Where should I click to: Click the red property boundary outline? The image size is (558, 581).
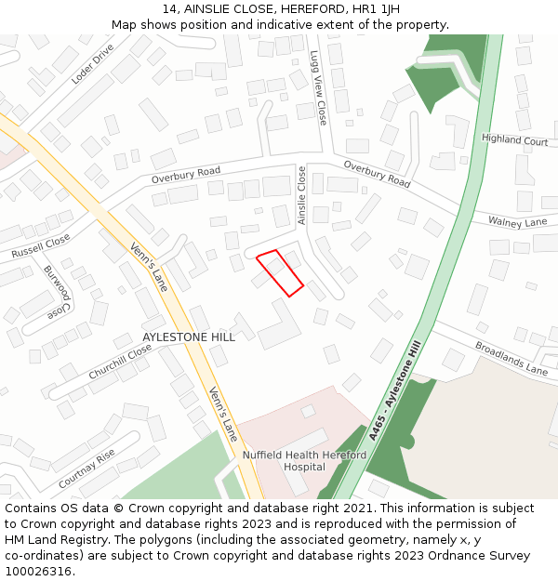click(280, 272)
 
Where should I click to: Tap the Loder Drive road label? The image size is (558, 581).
click(92, 63)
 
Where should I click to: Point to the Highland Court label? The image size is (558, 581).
click(514, 140)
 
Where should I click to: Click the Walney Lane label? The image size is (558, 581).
click(517, 222)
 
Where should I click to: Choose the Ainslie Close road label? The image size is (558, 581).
click(301, 195)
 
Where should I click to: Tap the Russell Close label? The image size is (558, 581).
click(40, 246)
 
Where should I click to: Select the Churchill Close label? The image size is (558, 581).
click(120, 362)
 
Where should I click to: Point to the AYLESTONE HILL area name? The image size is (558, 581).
click(189, 337)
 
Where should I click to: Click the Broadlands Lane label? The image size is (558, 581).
click(511, 358)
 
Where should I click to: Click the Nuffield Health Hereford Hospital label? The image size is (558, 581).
click(304, 461)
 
